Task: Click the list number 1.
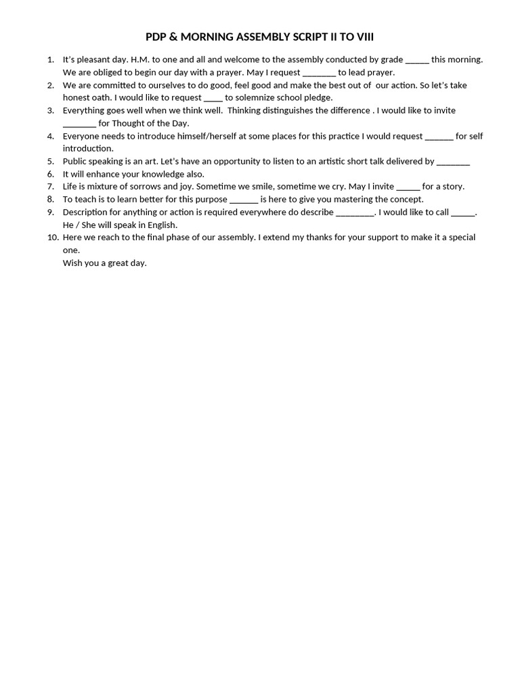51,60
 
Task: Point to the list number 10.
53,238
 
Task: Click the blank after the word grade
417,60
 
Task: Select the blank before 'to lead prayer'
319,73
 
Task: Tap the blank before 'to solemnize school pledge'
213,98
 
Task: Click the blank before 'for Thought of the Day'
79,124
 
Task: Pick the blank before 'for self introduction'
439,137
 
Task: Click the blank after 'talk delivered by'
453,162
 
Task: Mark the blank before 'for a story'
408,187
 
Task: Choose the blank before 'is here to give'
244,200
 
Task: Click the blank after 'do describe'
355,213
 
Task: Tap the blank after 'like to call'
463,213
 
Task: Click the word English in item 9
161,225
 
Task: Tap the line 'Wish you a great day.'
105,263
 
